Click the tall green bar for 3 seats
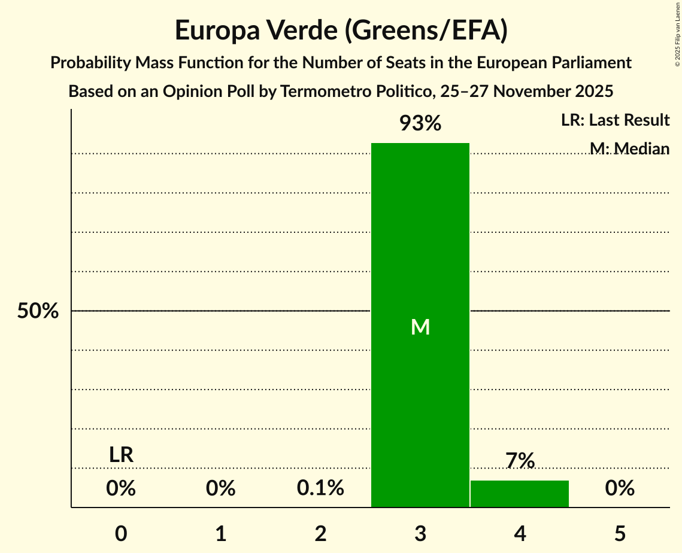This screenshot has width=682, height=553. coord(420,239)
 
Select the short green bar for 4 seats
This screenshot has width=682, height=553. coord(519,494)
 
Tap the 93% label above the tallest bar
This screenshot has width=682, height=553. coord(420,124)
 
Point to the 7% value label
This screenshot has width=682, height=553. coord(519,461)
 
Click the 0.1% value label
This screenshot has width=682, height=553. coord(320,488)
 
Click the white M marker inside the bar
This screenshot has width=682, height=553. coord(420,327)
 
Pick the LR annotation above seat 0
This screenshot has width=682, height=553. coord(121,455)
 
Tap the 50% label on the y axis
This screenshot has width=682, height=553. coord(38,311)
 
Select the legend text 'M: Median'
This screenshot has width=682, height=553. coord(629,148)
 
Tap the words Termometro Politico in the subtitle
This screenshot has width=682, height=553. coord(348,92)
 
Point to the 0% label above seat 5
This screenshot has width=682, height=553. coord(620,488)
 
